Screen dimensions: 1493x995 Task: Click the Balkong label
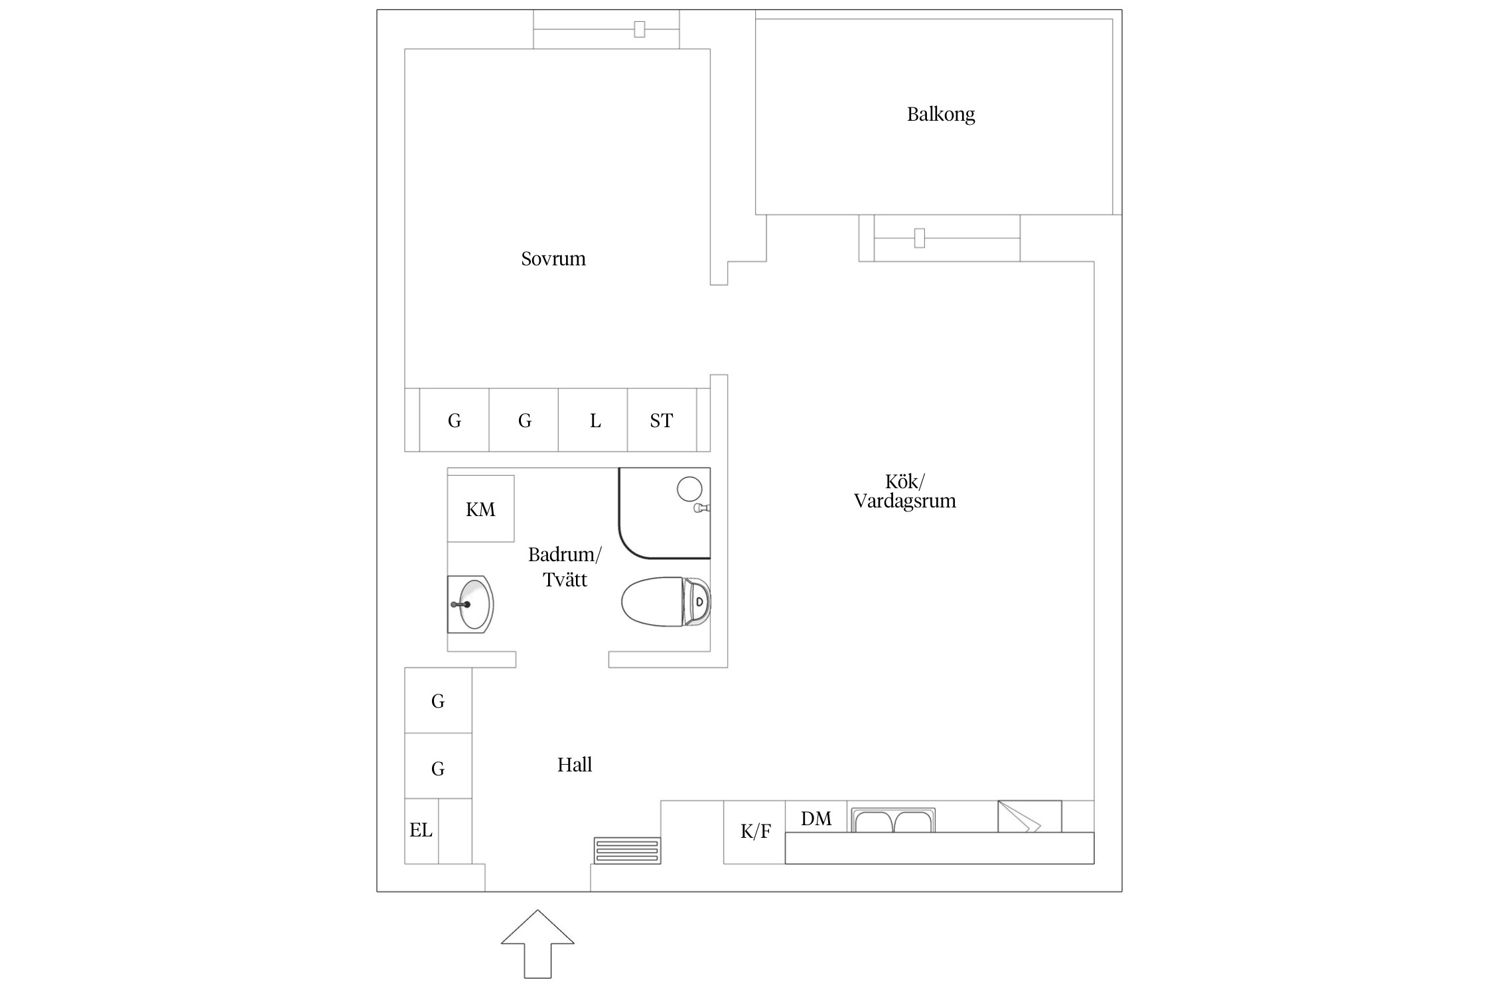pyautogui.click(x=940, y=114)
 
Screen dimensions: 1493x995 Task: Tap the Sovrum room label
pyautogui.click(x=553, y=258)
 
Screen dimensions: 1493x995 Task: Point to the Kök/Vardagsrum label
pyautogui.click(x=904, y=491)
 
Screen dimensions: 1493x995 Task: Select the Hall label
pyautogui.click(x=575, y=765)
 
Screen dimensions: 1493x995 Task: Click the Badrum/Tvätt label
pyautogui.click(x=565, y=567)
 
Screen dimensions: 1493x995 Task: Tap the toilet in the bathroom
pyautogui.click(x=666, y=602)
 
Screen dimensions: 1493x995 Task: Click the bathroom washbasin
pyautogui.click(x=470, y=604)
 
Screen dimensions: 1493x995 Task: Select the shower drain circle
pyautogui.click(x=689, y=489)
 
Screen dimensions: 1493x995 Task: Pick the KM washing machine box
pyautogui.click(x=480, y=509)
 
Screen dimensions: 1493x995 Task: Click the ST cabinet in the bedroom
pyautogui.click(x=662, y=420)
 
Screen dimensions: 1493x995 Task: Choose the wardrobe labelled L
pyautogui.click(x=593, y=420)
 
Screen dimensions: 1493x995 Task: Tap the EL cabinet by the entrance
pyautogui.click(x=421, y=830)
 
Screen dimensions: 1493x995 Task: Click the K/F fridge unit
pyautogui.click(x=754, y=832)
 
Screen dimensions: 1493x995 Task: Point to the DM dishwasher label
pyautogui.click(x=816, y=819)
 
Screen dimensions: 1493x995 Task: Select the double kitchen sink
pyautogui.click(x=893, y=820)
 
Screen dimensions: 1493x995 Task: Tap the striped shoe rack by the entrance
pyautogui.click(x=627, y=850)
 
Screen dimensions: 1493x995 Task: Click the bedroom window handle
pyautogui.click(x=639, y=29)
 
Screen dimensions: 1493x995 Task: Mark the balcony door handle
pyautogui.click(x=920, y=237)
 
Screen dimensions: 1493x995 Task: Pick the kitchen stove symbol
pyautogui.click(x=1029, y=817)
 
